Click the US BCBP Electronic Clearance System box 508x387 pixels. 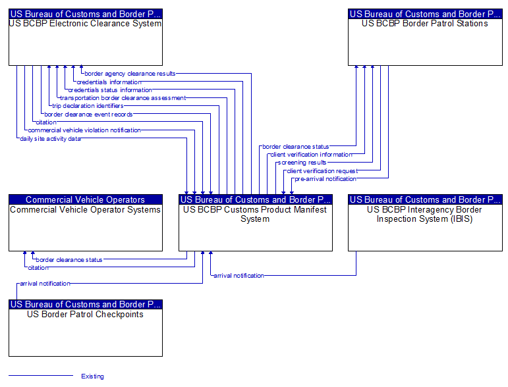86,38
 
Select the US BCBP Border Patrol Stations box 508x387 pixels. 425,38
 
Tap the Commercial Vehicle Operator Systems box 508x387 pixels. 86,222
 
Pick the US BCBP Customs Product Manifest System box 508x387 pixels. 256,222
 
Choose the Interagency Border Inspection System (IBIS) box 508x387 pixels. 425,222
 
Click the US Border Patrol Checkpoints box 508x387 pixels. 86,328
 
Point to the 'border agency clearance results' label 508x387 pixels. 130,74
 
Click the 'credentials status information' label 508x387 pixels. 110,90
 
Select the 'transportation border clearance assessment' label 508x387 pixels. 123,98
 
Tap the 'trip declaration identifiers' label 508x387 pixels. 88,106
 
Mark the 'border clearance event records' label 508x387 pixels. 88,115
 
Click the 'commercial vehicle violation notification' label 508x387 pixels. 84,130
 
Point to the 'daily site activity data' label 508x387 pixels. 50,138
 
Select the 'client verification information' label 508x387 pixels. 312,155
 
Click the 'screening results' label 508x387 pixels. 302,163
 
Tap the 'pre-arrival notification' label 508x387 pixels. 325,179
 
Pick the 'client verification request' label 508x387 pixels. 322,171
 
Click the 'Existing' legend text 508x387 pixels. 93,376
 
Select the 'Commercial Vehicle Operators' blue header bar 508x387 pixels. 86,199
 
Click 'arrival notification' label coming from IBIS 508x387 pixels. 239,276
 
